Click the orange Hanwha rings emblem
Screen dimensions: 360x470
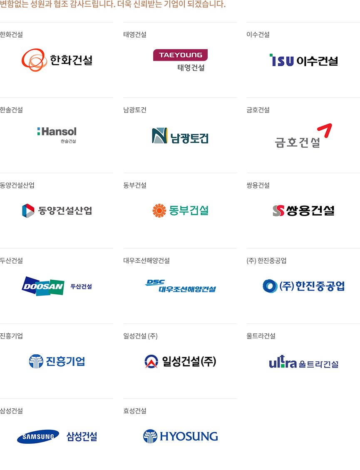pyautogui.click(x=34, y=60)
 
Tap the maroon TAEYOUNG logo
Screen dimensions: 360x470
pyautogui.click(x=180, y=60)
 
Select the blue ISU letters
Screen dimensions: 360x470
pyautogui.click(x=282, y=61)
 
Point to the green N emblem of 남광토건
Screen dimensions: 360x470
pyautogui.click(x=159, y=136)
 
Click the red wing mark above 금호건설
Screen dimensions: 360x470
pyautogui.click(x=325, y=130)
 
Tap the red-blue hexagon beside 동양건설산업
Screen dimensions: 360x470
pyautogui.click(x=28, y=211)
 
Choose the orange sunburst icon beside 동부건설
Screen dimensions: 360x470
pyautogui.click(x=159, y=211)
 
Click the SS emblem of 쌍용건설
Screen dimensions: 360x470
pyautogui.click(x=278, y=211)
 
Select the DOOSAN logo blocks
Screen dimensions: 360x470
pyautogui.click(x=43, y=286)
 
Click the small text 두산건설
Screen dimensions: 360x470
pyautogui.click(x=81, y=286)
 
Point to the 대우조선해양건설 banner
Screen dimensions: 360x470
pyautogui.click(x=180, y=286)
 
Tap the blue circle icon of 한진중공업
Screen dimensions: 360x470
pyautogui.click(x=270, y=286)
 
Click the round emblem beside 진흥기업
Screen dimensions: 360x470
pyautogui.click(x=36, y=361)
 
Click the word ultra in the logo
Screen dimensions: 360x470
pyautogui.click(x=283, y=363)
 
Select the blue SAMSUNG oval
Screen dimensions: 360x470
pyautogui.click(x=38, y=436)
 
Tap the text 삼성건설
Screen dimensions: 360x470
pyautogui.click(x=82, y=436)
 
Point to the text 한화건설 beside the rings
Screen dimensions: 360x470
pyautogui.click(x=71, y=60)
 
